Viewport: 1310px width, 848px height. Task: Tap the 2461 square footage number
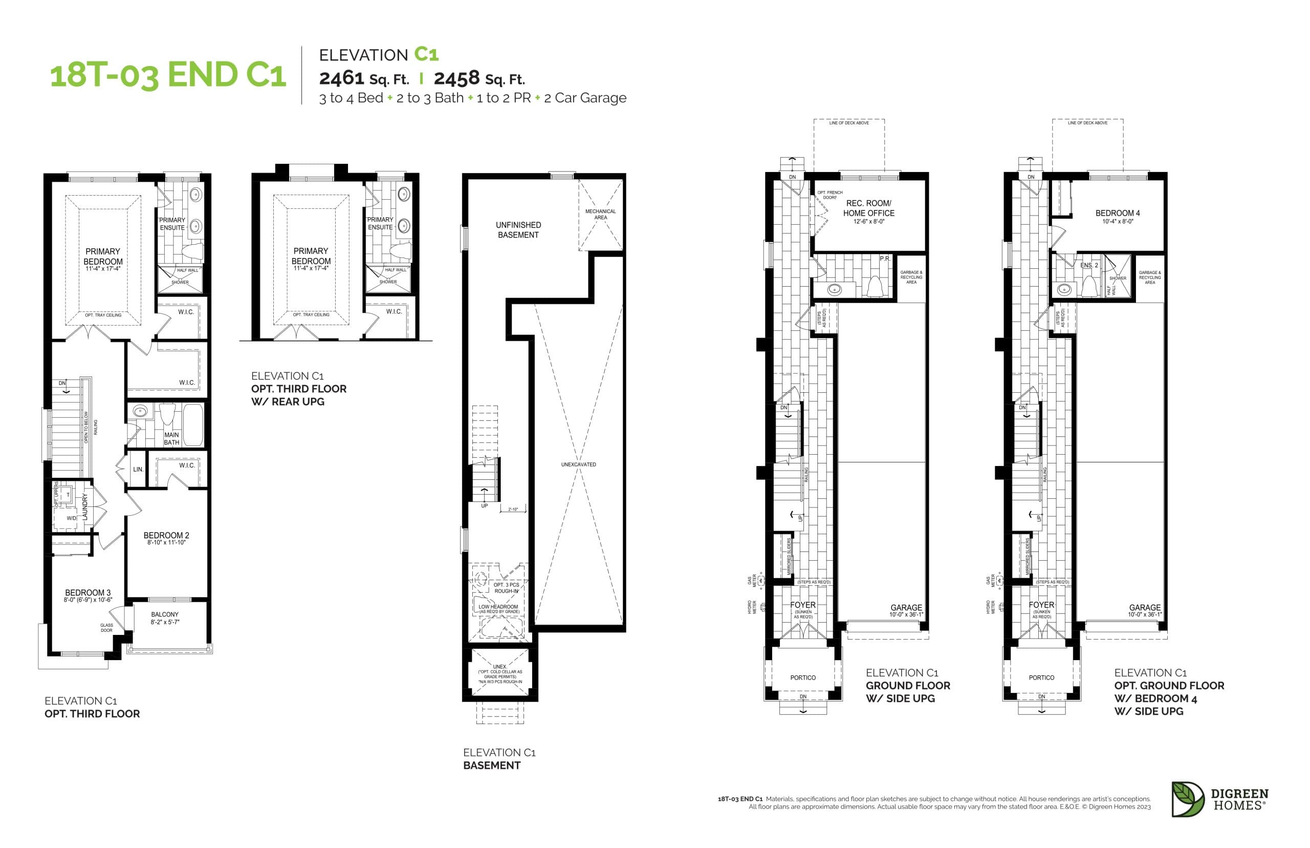click(x=342, y=78)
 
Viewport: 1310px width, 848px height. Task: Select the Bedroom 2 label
click(x=166, y=535)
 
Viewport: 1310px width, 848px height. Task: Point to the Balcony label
click(x=164, y=614)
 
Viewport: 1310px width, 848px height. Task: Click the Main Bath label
click(x=171, y=438)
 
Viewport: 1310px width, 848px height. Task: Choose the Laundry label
click(x=85, y=506)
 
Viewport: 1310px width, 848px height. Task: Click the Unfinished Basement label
click(x=518, y=229)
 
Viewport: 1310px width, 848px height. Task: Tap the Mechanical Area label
click(x=600, y=214)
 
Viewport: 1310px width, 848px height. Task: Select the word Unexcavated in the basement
click(x=578, y=464)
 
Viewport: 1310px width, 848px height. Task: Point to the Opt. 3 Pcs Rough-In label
click(x=506, y=587)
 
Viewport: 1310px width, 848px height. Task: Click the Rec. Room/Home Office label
click(x=868, y=208)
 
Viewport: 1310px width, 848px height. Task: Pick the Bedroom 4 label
click(x=1118, y=213)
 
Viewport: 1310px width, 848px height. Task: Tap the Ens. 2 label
click(x=1088, y=265)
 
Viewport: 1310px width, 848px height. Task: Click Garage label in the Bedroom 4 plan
click(x=1144, y=607)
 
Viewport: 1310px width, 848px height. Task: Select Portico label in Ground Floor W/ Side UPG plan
click(x=803, y=678)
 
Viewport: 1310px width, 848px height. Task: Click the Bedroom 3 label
click(x=88, y=592)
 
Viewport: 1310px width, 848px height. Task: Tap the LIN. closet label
click(x=138, y=470)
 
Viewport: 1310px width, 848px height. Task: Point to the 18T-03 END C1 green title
click(x=168, y=75)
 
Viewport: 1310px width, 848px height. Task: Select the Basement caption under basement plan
click(x=491, y=766)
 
